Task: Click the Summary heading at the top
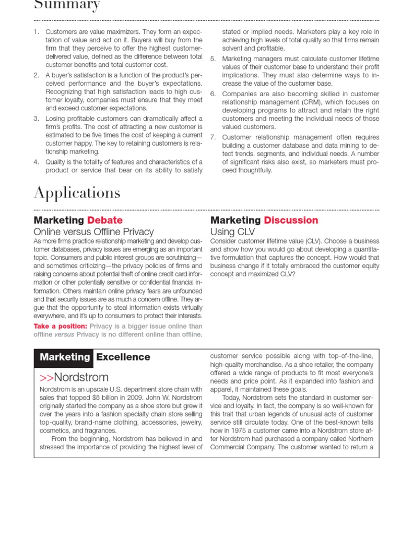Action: tap(67, 6)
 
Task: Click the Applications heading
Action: tap(77, 193)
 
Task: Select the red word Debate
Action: tap(105, 220)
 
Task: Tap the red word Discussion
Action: tap(291, 220)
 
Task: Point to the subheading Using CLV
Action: tap(232, 231)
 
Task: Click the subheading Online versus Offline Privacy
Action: tap(93, 231)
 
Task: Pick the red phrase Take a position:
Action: tap(61, 326)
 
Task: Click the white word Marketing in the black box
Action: tap(65, 357)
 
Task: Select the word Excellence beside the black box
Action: tap(123, 357)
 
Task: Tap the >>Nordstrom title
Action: tap(74, 377)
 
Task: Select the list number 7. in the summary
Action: tap(213, 137)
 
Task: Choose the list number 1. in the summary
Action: tap(37, 32)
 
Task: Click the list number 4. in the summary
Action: tap(37, 162)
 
